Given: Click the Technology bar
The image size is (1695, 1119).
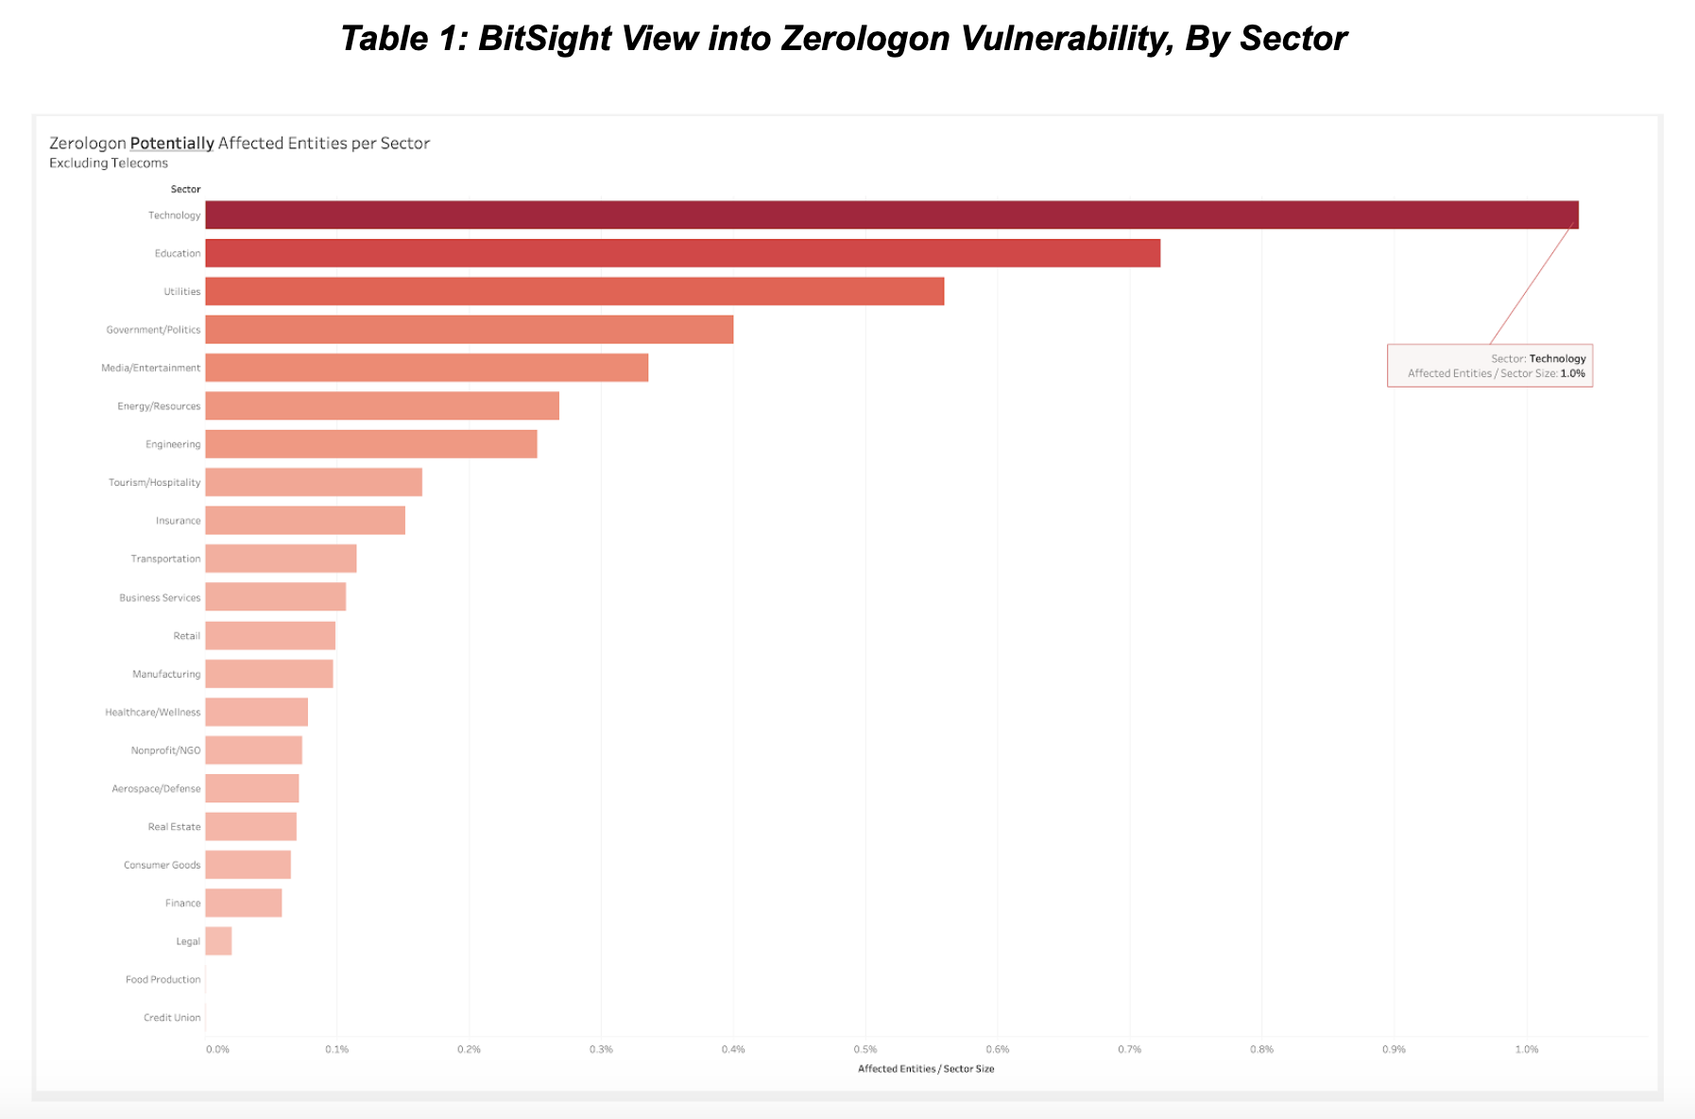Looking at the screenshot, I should coord(891,215).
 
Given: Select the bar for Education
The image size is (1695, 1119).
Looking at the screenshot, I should coord(682,253).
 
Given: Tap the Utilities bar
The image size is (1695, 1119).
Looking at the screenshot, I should coord(574,291).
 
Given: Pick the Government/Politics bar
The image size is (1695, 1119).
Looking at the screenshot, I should coord(469,330).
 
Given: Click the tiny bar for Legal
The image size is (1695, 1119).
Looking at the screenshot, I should coord(218,941).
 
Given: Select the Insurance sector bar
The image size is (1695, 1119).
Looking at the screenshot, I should coord(305,521).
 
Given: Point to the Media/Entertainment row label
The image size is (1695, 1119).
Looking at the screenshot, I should coord(151,368).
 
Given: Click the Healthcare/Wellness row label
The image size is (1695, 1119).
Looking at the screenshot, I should coord(153,712).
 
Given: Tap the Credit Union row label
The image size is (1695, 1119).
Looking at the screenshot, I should coord(172,1018).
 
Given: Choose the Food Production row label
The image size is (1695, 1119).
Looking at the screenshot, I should coord(163,979).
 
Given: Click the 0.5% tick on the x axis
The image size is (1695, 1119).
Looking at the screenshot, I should coord(865,1049).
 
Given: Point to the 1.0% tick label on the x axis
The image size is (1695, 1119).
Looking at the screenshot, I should coord(1527,1049).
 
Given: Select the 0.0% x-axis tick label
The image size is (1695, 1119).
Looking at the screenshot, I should coord(217,1049).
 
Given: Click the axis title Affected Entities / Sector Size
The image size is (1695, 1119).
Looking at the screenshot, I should coord(926,1069).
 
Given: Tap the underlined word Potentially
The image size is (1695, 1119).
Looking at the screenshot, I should coord(172,144).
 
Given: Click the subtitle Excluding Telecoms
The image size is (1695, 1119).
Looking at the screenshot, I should coord(109,164).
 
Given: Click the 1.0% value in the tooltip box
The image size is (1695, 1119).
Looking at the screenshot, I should coord(1572,373).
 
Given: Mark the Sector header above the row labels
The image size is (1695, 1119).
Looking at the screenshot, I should coord(185,189).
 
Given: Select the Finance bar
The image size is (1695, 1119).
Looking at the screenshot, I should coord(244,903).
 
